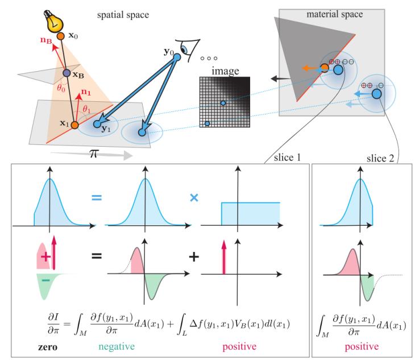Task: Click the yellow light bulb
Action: [x=54, y=22]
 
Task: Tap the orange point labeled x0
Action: [x=61, y=36]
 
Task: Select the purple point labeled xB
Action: [x=67, y=73]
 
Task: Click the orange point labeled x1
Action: [x=74, y=125]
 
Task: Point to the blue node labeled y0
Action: [x=177, y=57]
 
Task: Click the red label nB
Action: [x=46, y=40]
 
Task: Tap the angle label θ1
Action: [x=86, y=109]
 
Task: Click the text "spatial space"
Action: [x=123, y=15]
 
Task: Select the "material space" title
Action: [x=334, y=14]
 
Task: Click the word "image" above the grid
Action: [x=225, y=71]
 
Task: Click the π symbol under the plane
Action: [x=94, y=154]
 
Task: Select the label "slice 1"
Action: [x=287, y=158]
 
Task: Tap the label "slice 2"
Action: [x=380, y=159]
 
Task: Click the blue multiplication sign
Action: [x=194, y=197]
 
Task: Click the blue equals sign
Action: [x=97, y=197]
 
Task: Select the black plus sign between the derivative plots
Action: [x=194, y=257]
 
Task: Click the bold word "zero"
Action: [x=48, y=347]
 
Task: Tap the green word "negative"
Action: [x=117, y=347]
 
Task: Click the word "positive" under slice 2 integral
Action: [x=362, y=347]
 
